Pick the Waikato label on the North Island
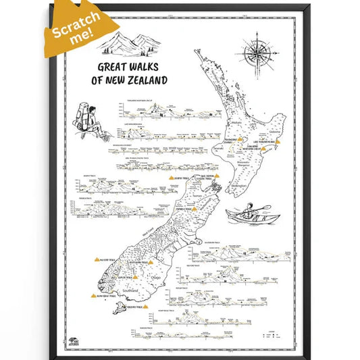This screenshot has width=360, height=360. (230, 123)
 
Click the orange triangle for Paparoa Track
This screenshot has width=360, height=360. (194, 210)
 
